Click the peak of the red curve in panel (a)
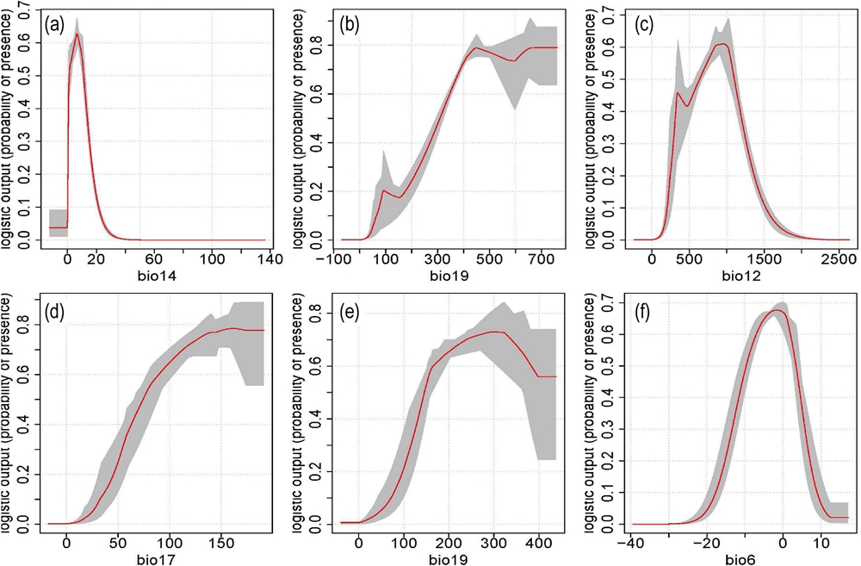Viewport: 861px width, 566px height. point(77,34)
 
